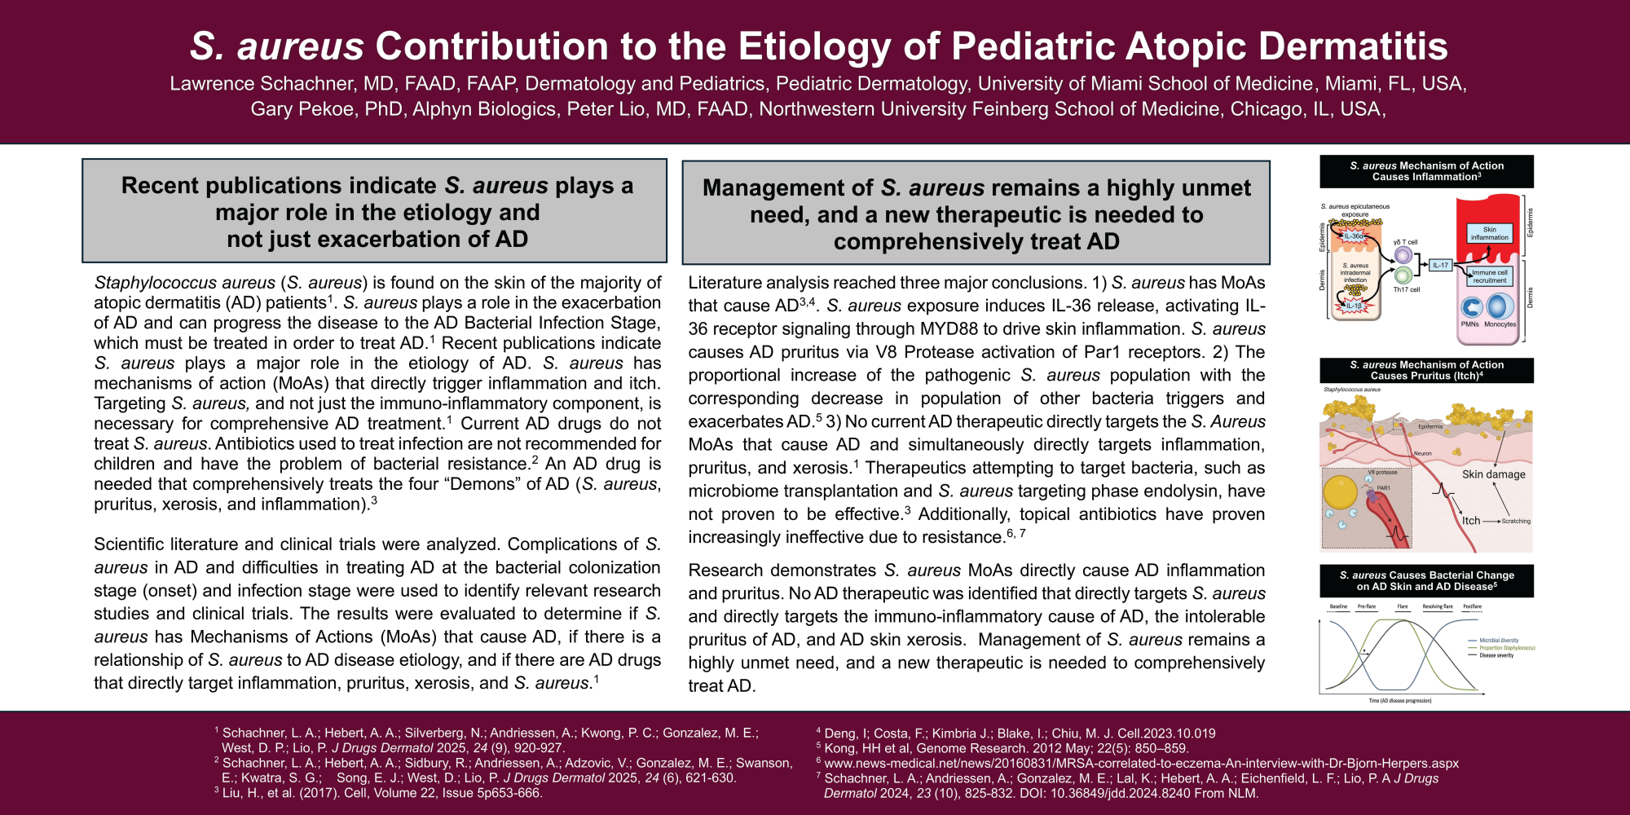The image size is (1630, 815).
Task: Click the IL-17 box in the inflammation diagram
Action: point(1441,265)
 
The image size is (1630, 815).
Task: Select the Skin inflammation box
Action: point(1489,234)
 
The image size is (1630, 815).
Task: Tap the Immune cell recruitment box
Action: point(1489,276)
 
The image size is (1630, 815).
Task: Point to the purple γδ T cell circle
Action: point(1403,255)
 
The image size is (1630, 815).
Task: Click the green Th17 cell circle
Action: point(1403,275)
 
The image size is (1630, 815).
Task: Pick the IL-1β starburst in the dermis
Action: point(1354,306)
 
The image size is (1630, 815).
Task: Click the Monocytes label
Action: point(1500,324)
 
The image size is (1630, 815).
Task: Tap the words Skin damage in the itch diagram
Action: point(1493,474)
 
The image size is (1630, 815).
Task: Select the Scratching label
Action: point(1516,521)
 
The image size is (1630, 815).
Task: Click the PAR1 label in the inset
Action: point(1383,488)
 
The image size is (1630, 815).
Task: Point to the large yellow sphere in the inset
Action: point(1341,492)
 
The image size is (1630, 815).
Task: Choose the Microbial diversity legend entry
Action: point(1499,641)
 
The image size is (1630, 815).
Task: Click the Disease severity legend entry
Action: point(1496,655)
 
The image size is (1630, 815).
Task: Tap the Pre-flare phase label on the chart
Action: point(1367,606)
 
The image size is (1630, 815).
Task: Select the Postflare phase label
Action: point(1472,606)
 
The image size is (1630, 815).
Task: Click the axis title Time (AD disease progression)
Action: point(1400,701)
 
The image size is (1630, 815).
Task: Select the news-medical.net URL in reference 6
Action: point(1141,764)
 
